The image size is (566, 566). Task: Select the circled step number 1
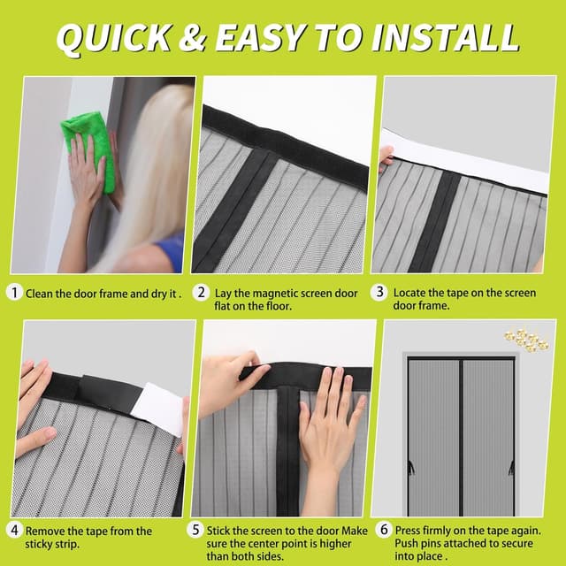15,292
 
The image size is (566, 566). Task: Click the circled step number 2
203,292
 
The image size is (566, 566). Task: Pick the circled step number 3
381,292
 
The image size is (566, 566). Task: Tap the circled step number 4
15,532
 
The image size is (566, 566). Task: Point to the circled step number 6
384,532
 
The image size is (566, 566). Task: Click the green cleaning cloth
88,146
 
